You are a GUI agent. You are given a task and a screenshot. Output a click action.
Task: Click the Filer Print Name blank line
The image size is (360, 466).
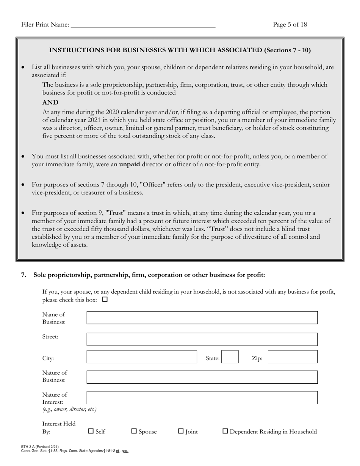coord(143,25)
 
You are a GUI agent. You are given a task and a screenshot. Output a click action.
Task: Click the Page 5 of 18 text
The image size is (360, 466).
coord(290,25)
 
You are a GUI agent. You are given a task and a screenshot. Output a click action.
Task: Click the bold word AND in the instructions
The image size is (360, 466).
coord(50,102)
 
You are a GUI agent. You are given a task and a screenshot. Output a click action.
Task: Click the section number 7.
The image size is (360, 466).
coord(23,275)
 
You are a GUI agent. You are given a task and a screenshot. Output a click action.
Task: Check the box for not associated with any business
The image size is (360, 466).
coord(105,299)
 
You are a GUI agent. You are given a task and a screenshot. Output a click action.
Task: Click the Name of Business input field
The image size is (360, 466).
coord(202,318)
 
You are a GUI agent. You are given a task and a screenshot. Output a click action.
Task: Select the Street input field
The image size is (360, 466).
coord(202,339)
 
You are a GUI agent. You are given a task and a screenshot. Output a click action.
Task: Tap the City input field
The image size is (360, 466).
coord(142,357)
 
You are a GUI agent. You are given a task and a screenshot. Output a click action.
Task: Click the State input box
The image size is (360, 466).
coord(230,357)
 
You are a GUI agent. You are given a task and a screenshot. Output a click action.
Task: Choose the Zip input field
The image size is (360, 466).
coord(293,357)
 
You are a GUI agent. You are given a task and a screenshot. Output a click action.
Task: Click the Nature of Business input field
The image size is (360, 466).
coord(202,377)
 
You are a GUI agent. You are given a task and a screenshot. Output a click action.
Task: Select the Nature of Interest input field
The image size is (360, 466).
coord(202,398)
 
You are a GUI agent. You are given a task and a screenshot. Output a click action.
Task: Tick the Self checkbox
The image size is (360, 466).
coord(91,431)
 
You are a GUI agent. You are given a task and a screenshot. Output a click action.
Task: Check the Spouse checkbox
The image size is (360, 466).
coord(134,431)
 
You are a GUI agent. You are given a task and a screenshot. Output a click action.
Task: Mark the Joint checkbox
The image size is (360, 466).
coord(181,431)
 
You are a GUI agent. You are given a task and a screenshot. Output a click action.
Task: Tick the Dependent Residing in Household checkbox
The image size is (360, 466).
coord(225,431)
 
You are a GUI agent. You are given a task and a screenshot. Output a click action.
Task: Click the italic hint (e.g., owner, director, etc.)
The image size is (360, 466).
coord(69,410)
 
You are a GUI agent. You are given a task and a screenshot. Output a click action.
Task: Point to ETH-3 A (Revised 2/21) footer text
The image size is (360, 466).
coord(40,447)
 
